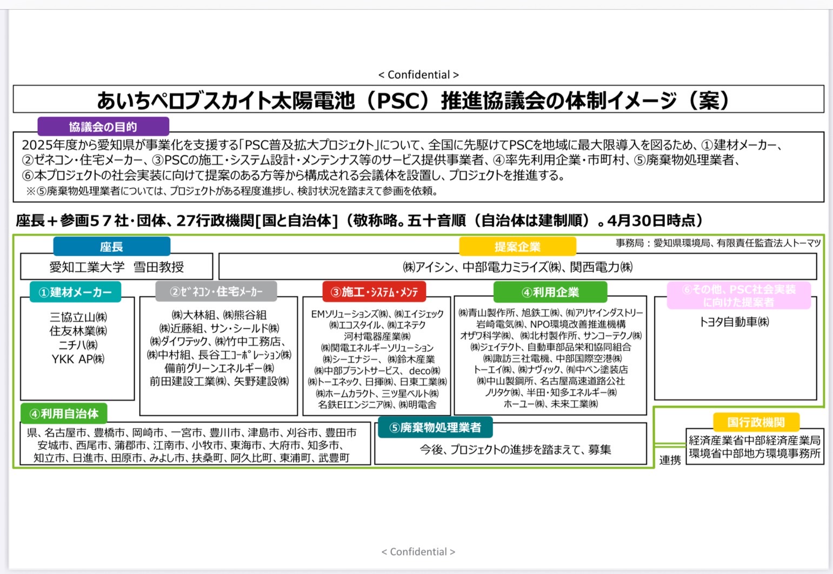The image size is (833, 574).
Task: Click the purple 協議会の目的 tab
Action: point(103,126)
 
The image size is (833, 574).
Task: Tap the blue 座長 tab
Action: point(111,246)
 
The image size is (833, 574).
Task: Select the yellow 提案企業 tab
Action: point(518,246)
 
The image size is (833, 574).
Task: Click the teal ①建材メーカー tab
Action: point(76,292)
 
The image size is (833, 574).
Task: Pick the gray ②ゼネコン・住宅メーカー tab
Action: point(216,291)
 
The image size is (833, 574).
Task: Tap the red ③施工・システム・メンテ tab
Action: point(374,291)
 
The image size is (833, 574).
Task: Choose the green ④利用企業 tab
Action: point(550,292)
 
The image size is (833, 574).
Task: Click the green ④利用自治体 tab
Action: point(64,413)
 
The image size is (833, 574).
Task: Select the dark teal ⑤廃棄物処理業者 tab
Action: point(436,427)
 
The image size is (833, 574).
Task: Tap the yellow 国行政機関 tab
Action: point(756,422)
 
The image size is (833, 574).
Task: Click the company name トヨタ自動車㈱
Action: point(735,322)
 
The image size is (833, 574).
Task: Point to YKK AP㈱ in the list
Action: point(78,359)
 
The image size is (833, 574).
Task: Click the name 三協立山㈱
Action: point(78,317)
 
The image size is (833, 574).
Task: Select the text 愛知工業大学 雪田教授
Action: point(116,267)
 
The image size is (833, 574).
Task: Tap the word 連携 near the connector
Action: point(670,460)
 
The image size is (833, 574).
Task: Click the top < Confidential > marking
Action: point(418,75)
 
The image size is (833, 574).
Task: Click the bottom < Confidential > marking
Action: point(418,552)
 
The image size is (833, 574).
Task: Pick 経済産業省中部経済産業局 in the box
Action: point(755,440)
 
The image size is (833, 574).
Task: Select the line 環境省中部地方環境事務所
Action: point(755,453)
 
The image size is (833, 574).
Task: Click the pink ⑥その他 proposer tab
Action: point(739,296)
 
